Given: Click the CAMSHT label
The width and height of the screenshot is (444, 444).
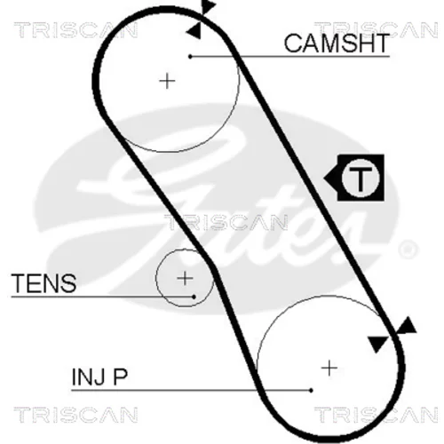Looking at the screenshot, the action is (337, 44).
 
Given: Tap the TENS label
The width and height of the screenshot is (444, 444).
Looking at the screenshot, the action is (44, 283).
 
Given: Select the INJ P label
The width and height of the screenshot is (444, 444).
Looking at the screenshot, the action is (99, 377).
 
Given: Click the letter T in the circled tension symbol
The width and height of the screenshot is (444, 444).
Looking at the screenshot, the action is (361, 178).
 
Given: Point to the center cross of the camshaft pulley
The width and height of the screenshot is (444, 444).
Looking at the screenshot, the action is (167, 81).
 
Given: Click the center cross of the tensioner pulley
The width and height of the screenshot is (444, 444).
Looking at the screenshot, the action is (185, 278).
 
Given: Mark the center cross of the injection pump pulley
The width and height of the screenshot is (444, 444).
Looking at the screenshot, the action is (329, 369).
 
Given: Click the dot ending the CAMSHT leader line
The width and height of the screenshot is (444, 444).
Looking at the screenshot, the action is (190, 56).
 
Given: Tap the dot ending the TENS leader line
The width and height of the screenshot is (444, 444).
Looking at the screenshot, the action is (194, 297).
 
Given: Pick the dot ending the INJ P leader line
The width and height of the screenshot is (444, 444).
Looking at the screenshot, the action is (311, 391).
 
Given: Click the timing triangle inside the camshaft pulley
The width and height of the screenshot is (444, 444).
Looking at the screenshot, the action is (194, 31).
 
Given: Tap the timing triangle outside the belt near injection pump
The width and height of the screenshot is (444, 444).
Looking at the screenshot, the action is (407, 326).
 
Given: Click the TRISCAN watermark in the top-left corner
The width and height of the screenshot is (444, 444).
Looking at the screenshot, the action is (75, 30).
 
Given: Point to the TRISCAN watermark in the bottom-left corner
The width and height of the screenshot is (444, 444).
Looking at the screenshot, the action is (75, 415).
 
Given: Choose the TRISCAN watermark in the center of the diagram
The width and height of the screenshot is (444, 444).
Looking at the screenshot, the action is (226, 222).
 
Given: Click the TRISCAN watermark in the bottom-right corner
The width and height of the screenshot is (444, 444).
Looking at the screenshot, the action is (376, 415).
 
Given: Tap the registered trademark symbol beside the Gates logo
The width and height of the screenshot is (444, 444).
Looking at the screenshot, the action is (408, 250).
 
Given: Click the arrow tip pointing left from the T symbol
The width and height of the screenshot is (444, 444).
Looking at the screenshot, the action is (324, 178).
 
